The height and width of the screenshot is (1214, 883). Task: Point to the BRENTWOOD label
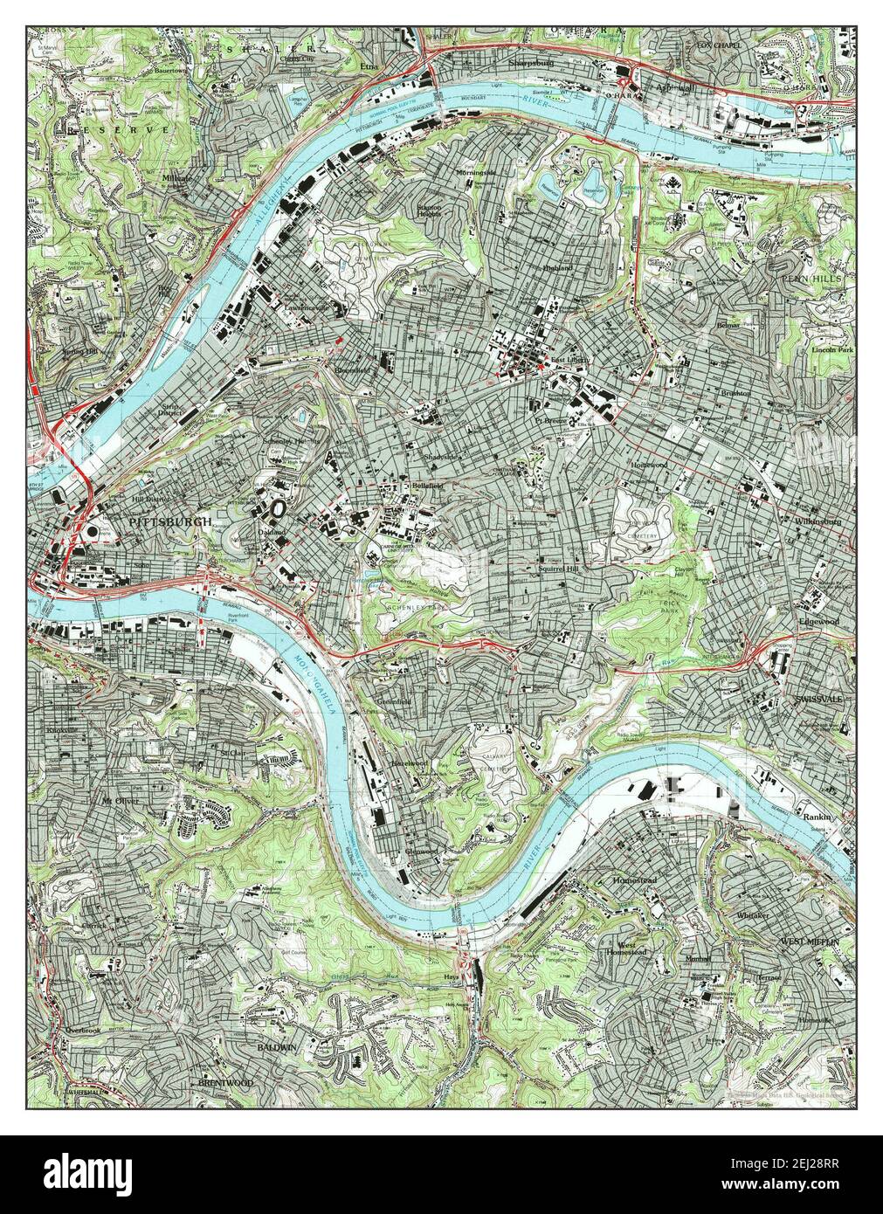point(225,1082)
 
